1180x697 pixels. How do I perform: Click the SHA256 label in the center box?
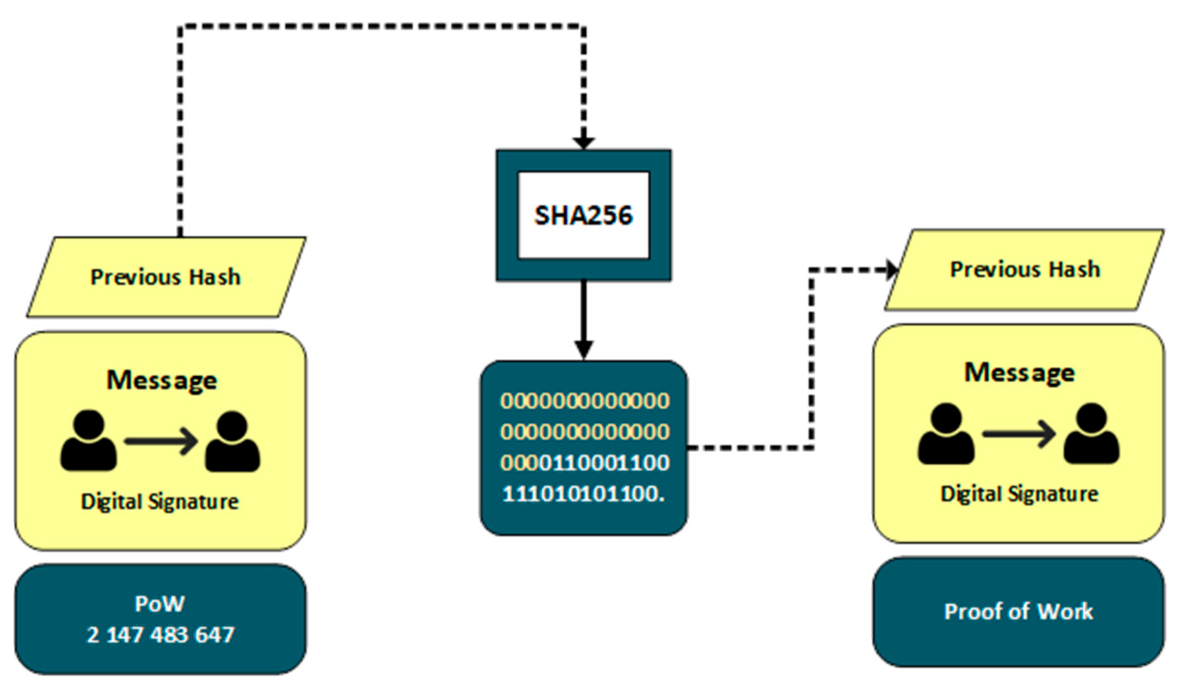coord(583,216)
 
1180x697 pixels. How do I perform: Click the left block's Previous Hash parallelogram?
coord(165,277)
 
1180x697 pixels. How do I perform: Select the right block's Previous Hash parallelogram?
coord(1024,270)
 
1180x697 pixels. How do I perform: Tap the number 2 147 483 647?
coord(160,635)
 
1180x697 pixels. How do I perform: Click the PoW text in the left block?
coord(160,604)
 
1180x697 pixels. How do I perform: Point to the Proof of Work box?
coord(1019,612)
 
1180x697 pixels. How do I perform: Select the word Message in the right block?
coord(1019,373)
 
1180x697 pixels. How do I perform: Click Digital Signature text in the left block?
coord(160,501)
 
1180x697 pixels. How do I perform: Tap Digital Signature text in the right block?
coord(1019,493)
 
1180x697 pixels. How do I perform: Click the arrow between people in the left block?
coord(161,441)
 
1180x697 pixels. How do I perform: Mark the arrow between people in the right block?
coord(1019,434)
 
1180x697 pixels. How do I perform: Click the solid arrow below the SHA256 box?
coord(583,320)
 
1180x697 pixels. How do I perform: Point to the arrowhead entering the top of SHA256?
coord(583,143)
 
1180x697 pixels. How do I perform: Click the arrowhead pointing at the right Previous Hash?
coord(891,270)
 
